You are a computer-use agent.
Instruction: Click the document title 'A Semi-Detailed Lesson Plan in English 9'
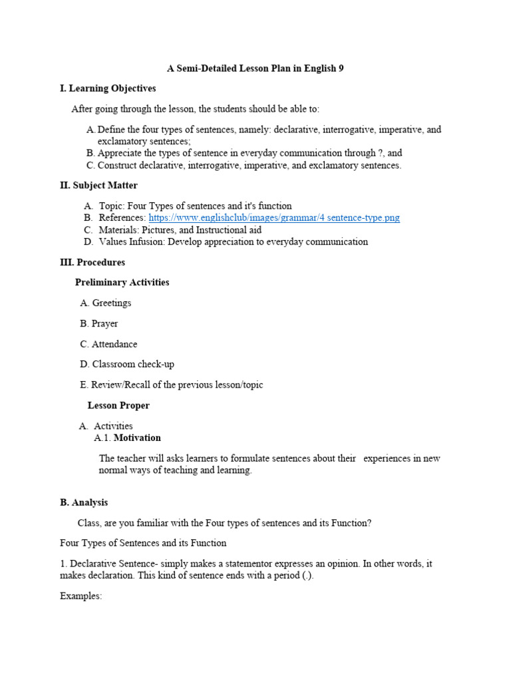pos(255,68)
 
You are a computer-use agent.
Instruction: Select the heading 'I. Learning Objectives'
pos(108,88)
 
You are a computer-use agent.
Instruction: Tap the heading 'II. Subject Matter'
pos(98,186)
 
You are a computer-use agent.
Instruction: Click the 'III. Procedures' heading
pos(92,263)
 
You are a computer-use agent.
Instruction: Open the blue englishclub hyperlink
pos(274,218)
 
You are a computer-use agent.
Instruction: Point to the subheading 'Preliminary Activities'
pos(122,283)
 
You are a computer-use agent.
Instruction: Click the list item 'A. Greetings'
pos(106,303)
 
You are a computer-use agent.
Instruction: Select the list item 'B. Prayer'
pos(99,324)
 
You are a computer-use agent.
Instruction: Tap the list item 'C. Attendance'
pos(109,344)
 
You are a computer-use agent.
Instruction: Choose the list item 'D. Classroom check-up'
pos(127,364)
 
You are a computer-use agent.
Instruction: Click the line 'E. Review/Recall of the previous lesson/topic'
pos(172,385)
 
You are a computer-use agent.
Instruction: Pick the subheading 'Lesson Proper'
pos(118,406)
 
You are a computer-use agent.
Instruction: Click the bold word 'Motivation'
pos(137,438)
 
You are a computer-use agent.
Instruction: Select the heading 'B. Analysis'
pos(84,503)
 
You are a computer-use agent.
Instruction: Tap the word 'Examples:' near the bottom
pos(81,597)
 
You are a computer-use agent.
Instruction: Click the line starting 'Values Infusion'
pos(233,242)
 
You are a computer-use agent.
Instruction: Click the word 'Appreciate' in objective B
pos(121,153)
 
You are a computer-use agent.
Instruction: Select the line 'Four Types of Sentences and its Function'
pos(143,543)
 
